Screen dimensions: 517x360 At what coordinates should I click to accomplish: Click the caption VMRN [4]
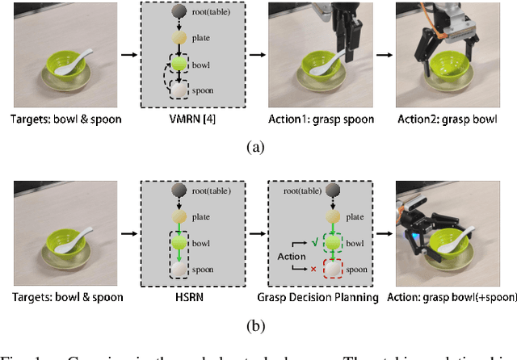[192, 119]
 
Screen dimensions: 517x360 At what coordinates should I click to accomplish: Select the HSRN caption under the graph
[191, 297]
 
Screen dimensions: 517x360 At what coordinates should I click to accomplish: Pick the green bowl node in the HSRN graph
[179, 242]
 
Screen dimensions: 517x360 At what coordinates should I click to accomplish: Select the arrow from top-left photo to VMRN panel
[127, 56]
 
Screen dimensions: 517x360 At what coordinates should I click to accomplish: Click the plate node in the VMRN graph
[179, 38]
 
